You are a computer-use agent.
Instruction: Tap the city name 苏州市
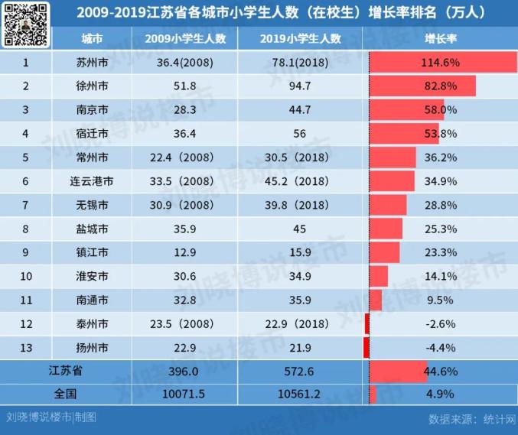93,62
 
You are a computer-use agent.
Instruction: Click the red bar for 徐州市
422,86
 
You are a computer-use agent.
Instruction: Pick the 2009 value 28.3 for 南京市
184,109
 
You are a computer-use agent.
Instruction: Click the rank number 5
25,157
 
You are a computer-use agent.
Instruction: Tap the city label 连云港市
93,181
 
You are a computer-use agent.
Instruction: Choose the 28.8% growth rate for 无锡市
441,205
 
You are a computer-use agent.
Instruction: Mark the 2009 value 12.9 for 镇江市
184,252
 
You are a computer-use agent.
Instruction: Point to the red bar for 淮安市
378,276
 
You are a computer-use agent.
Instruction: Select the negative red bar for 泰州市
367,323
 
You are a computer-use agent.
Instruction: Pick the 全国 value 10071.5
184,394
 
